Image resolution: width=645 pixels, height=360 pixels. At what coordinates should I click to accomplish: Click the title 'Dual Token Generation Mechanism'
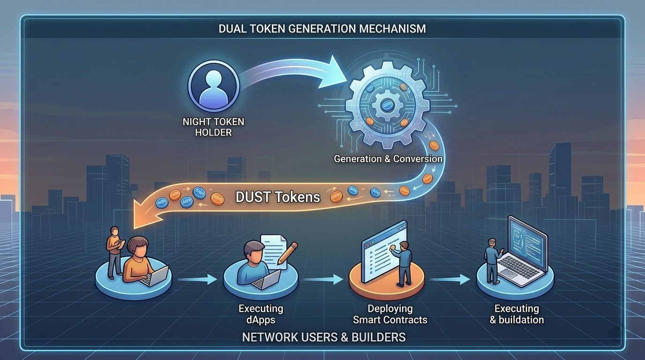coord(322,29)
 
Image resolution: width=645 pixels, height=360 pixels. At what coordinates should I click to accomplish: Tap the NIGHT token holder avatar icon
coord(214,85)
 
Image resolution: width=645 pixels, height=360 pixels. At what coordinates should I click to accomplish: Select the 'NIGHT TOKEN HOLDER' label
coord(213,127)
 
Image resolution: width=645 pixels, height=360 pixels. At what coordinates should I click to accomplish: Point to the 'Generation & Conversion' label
coord(388,159)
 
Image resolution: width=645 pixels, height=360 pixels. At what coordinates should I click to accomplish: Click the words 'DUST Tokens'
coord(277,196)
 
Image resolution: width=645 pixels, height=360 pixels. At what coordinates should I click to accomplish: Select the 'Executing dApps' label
coord(261,315)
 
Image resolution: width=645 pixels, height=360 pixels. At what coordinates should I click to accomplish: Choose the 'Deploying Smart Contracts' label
coord(390,315)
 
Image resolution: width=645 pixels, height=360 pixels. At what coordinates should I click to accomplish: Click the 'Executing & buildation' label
coord(517,315)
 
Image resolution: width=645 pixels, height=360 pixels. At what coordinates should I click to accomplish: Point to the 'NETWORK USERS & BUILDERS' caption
coord(323,337)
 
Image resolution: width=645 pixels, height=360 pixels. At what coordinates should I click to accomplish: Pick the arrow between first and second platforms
coord(197,280)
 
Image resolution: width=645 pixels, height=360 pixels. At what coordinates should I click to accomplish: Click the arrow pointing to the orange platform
coord(323,280)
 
